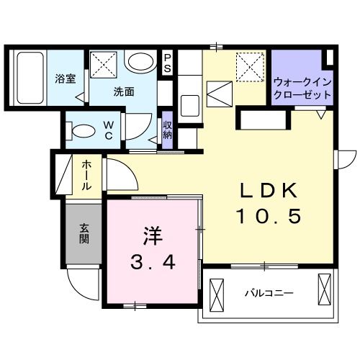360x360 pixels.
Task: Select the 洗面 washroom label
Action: pyautogui.click(x=124, y=91)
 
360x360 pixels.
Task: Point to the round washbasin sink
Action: pyautogui.click(x=138, y=62)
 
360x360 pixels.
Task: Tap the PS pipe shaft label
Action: pyautogui.click(x=167, y=63)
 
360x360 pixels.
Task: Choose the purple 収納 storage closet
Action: pyautogui.click(x=167, y=130)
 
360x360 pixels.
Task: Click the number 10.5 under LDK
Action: pyautogui.click(x=269, y=215)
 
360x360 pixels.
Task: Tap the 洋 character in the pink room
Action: pyautogui.click(x=151, y=235)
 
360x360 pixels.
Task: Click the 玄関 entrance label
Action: pyautogui.click(x=84, y=234)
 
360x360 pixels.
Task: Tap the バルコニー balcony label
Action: pyautogui.click(x=268, y=293)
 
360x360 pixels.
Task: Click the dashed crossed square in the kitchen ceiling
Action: pyautogui.click(x=249, y=67)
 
